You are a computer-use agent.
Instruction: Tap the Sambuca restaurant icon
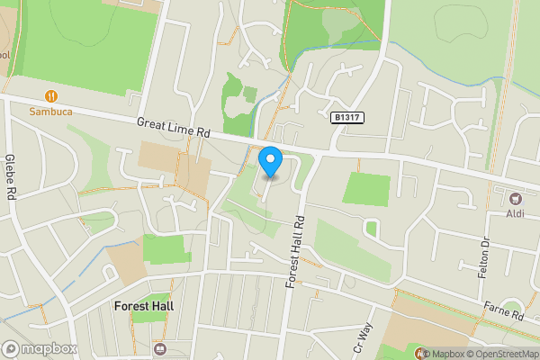[x=49, y=95]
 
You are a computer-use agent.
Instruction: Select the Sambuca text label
[x=49, y=112]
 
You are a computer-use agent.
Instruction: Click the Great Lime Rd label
[x=174, y=126]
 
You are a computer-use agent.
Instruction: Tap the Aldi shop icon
[x=516, y=197]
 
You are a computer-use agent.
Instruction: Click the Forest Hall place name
[x=144, y=305]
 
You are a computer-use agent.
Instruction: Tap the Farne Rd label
[x=504, y=311]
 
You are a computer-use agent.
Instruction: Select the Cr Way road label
[x=363, y=339]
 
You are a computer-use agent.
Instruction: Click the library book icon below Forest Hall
[x=160, y=349]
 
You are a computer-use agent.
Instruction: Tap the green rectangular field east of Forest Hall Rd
[x=366, y=189]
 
